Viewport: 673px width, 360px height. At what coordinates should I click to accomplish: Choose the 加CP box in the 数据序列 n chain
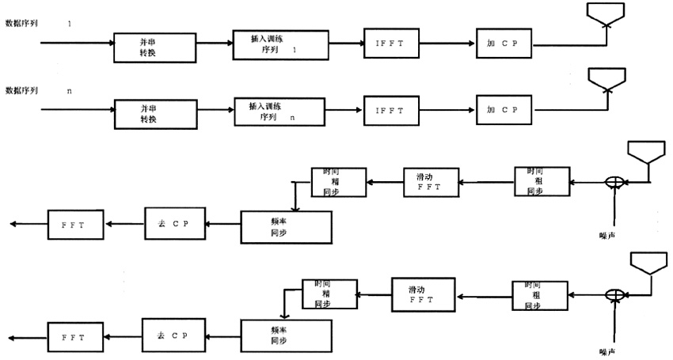(x=504, y=111)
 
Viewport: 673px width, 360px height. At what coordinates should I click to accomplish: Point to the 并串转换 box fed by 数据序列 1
(x=154, y=47)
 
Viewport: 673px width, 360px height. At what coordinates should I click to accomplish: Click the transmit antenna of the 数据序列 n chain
(x=607, y=79)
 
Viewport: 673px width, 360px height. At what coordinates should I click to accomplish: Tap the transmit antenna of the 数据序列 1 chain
(x=607, y=13)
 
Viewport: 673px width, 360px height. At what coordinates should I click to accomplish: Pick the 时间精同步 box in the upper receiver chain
(x=339, y=181)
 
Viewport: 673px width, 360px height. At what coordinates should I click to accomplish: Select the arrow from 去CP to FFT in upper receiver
(x=126, y=225)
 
